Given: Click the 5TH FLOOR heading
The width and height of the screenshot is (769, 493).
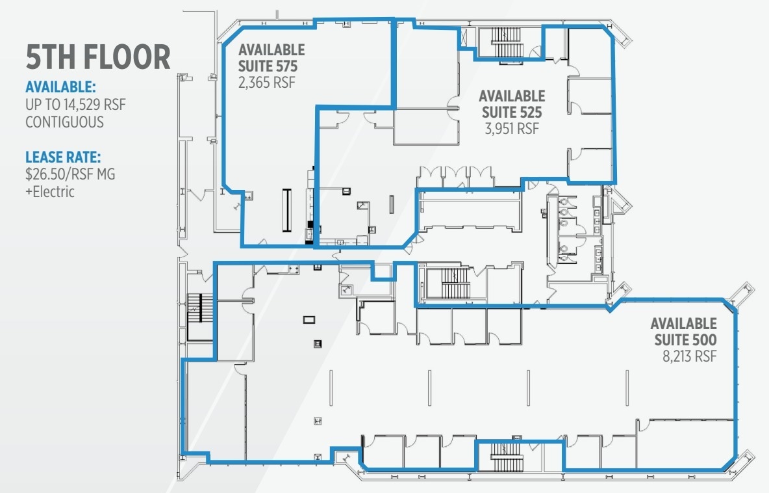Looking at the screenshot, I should point(98,58).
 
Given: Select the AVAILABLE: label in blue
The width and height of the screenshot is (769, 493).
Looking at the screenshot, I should point(60,87).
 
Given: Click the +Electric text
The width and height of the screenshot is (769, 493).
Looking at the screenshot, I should point(51,192).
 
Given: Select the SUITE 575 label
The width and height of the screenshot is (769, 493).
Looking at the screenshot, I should point(271,65).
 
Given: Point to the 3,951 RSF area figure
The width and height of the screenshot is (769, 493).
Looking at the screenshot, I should point(512,129).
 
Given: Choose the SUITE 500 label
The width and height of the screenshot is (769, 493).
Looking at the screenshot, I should point(684,340).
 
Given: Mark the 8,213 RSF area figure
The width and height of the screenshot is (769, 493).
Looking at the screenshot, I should point(685,356).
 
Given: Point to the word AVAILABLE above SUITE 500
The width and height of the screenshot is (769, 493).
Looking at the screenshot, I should point(684,323).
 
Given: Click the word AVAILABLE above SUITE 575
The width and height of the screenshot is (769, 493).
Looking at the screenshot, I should point(271,49).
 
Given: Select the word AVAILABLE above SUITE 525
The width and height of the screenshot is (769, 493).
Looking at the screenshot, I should point(512,96).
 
